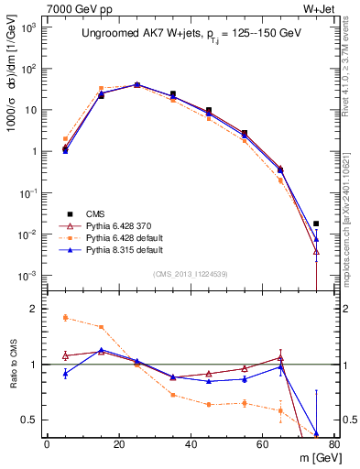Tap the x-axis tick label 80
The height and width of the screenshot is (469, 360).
[334, 444]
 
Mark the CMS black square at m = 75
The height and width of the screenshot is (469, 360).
[316, 224]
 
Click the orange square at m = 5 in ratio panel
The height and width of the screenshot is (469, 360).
[65, 318]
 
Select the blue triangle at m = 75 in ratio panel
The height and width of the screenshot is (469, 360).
[316, 433]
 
